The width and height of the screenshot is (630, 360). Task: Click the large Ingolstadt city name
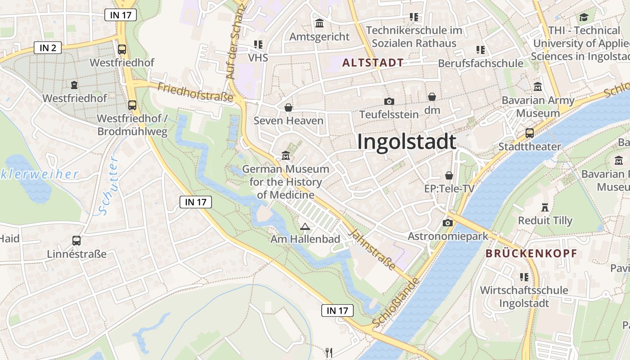(407, 142)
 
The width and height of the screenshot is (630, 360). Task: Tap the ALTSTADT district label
(373, 63)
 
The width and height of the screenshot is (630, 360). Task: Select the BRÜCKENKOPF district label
(531, 253)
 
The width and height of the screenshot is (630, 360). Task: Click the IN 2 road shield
(48, 48)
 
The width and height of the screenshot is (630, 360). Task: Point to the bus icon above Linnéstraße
(76, 241)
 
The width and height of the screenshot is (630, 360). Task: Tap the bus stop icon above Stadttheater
(530, 133)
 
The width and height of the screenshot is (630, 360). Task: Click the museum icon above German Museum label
(285, 156)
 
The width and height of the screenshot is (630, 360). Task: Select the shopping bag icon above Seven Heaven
(288, 108)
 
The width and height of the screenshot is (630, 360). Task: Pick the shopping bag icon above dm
(432, 97)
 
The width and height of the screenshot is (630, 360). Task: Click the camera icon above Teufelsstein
(389, 102)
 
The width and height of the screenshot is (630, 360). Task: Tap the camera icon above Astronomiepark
(447, 223)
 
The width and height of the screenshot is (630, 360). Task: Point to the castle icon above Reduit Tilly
(545, 207)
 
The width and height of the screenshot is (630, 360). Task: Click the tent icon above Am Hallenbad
(305, 226)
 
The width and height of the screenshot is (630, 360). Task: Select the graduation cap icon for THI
(584, 18)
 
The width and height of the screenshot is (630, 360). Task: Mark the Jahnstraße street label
(373, 250)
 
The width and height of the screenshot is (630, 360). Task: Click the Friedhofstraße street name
(195, 92)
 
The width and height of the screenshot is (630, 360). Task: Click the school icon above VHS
(258, 44)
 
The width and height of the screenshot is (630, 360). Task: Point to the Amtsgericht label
(319, 36)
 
